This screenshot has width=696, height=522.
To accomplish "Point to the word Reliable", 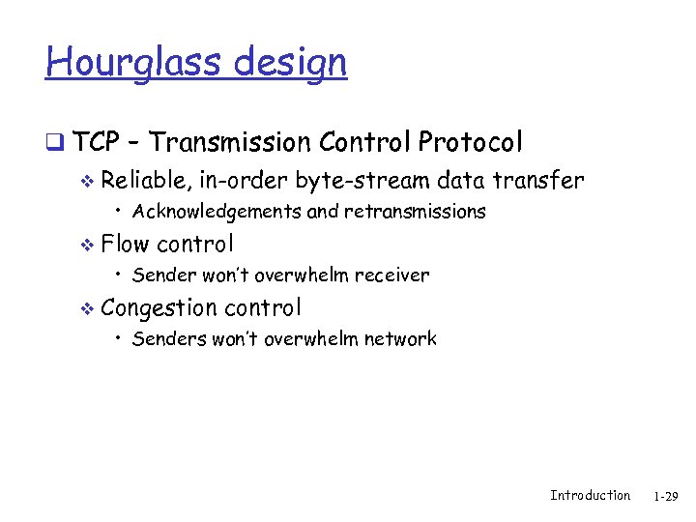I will point(144,181).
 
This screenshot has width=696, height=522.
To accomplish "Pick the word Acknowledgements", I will point(217,211).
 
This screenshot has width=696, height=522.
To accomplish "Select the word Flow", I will point(125,244).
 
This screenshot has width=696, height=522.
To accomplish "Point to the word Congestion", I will point(159,308).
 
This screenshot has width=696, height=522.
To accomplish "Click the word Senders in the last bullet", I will point(165,339).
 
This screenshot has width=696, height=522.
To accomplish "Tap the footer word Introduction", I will point(590,496).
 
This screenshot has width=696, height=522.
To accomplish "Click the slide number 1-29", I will point(665,497).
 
